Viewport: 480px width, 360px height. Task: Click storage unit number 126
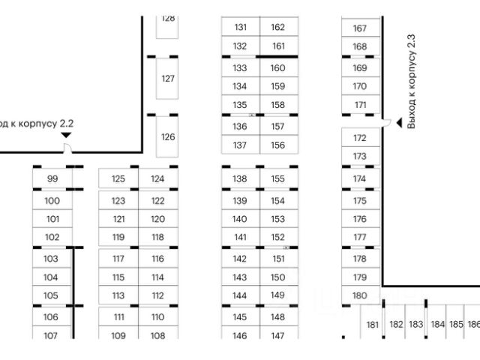[168, 136]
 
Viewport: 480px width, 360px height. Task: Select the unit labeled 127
[168, 79]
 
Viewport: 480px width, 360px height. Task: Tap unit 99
[52, 178]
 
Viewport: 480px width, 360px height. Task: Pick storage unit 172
[360, 138]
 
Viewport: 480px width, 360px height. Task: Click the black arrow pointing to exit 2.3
[387, 124]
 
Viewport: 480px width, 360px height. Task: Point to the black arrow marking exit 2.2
[66, 135]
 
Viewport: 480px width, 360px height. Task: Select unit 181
[372, 325]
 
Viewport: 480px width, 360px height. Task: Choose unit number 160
[278, 67]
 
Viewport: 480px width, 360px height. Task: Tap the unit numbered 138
[240, 178]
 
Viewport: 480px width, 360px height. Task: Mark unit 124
[157, 178]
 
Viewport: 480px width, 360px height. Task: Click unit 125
[118, 178]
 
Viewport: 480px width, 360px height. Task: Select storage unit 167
[360, 28]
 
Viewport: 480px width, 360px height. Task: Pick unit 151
[278, 258]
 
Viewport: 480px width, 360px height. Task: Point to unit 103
[51, 258]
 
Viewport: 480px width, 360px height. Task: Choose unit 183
[416, 325]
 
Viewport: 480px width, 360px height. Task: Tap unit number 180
[360, 295]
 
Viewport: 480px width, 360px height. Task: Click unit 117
[118, 258]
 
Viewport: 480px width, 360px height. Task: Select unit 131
[240, 27]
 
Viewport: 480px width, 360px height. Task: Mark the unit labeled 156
[278, 145]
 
